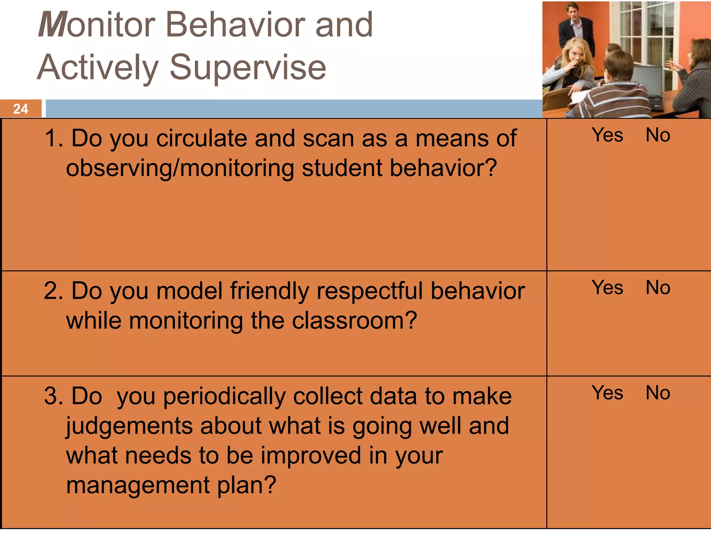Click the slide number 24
click(x=20, y=109)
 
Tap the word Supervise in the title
click(x=248, y=67)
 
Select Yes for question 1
click(x=607, y=135)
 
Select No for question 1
click(x=658, y=135)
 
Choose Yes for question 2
click(x=607, y=288)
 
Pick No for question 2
click(x=658, y=288)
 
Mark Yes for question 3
click(x=607, y=393)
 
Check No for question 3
click(x=658, y=393)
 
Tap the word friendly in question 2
click(x=269, y=291)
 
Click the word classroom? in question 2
click(x=354, y=321)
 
